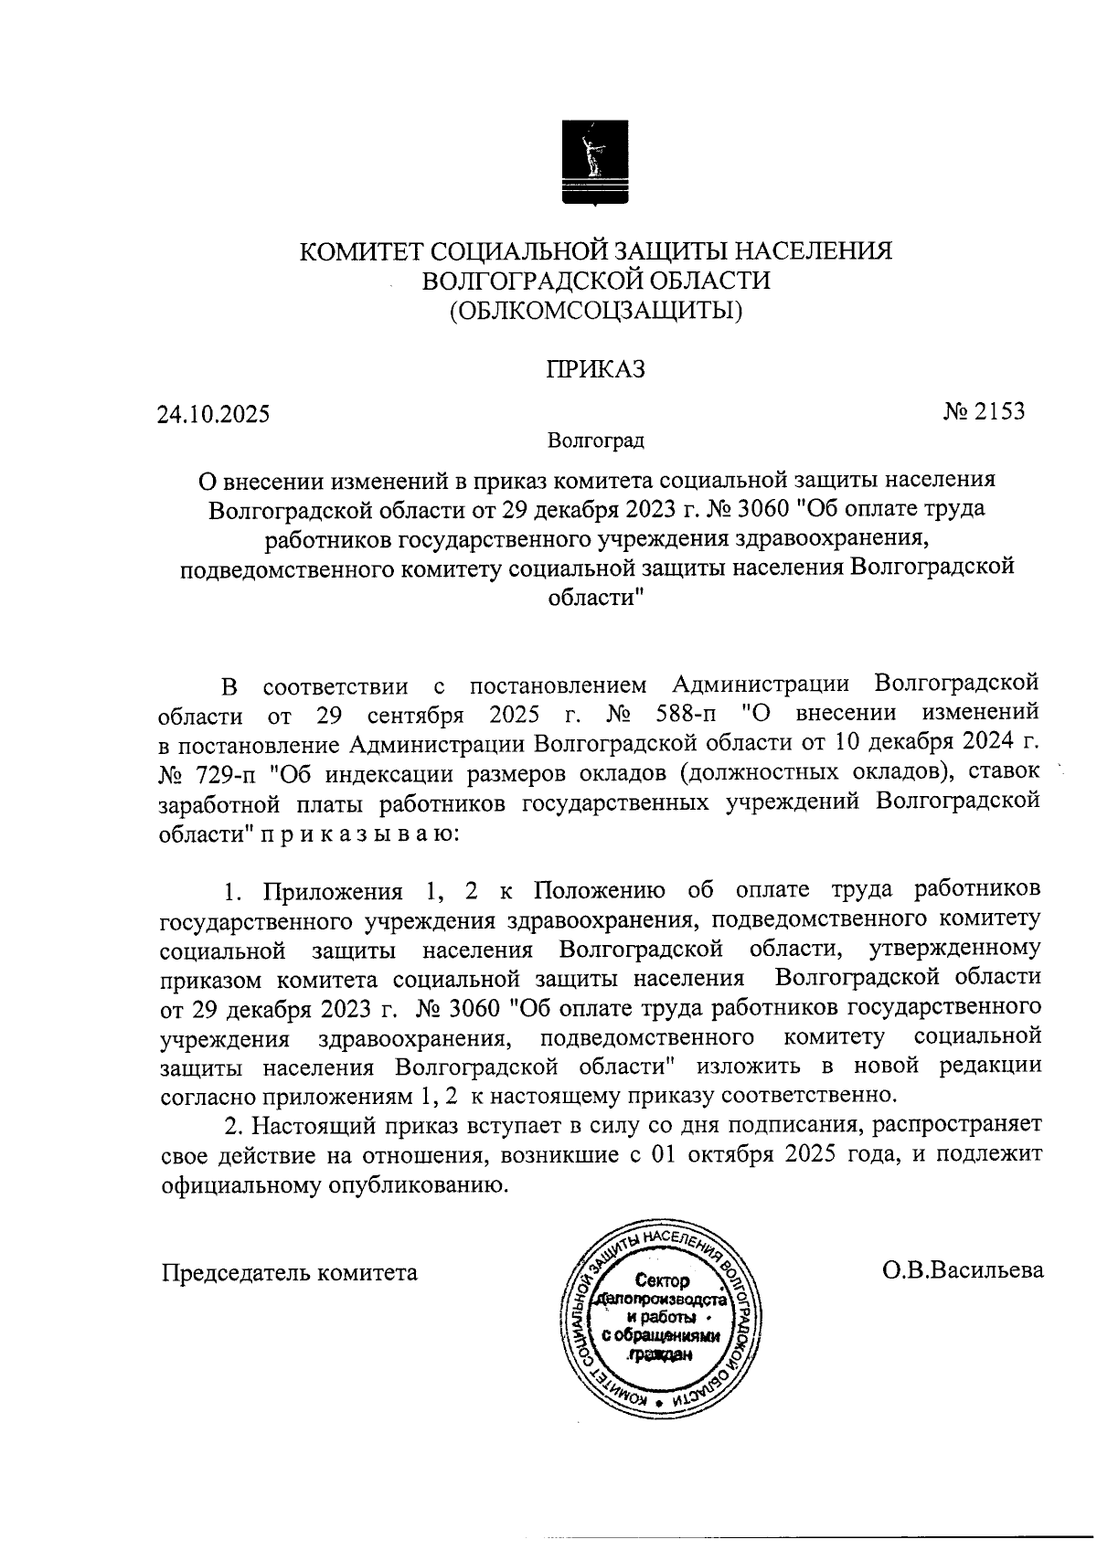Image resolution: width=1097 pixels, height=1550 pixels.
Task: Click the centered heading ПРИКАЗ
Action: (x=595, y=369)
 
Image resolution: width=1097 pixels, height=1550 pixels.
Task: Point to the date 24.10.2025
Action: (x=213, y=415)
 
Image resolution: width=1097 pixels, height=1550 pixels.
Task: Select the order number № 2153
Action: (x=984, y=411)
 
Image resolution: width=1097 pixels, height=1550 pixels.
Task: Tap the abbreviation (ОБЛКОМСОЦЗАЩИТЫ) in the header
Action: (x=595, y=312)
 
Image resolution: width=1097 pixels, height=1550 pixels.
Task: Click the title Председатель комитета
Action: (x=290, y=1271)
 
